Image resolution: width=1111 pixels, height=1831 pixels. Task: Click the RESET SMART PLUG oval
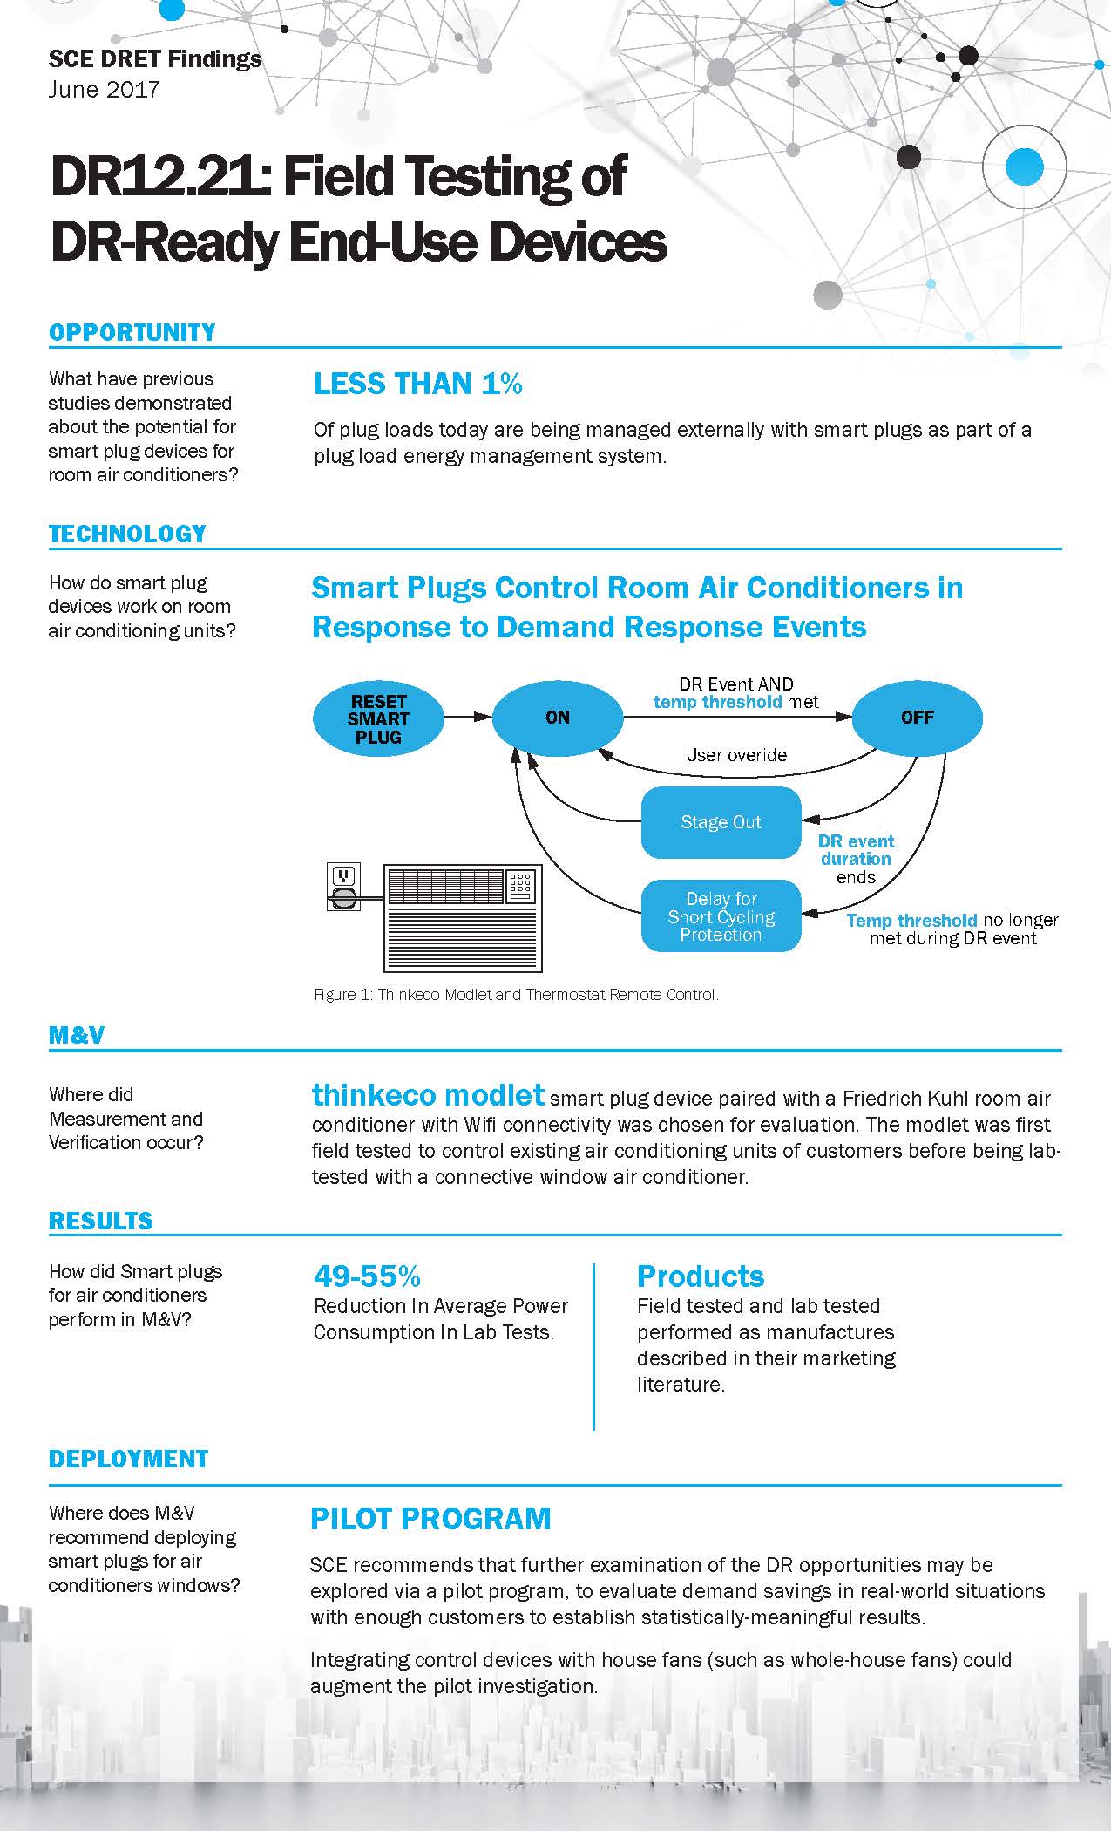point(377,718)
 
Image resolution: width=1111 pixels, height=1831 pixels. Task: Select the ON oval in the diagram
point(557,718)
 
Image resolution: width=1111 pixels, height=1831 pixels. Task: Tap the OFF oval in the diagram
point(917,718)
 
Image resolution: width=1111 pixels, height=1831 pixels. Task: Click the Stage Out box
point(721,822)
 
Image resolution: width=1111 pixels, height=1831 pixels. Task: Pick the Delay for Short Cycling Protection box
point(721,916)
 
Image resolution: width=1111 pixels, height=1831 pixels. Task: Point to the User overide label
point(736,755)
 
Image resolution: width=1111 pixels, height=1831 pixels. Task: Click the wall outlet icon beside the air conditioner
point(342,887)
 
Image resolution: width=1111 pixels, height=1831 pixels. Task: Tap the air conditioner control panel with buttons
point(522,886)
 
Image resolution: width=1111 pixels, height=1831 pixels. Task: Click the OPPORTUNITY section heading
point(132,332)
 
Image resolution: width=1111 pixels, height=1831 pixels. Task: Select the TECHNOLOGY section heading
point(127,534)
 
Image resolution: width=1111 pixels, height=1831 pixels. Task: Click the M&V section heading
point(77,1035)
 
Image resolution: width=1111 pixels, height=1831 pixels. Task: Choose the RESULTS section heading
point(101,1221)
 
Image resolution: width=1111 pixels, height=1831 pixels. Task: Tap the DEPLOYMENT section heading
point(128,1460)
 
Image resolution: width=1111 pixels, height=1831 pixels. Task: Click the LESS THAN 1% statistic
point(418,384)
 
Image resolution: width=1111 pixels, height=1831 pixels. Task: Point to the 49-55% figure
point(367,1276)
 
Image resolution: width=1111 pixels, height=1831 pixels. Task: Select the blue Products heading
point(701,1276)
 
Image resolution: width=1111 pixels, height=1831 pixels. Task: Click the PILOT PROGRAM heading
point(430,1519)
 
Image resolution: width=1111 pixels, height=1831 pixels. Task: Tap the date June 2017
point(105,90)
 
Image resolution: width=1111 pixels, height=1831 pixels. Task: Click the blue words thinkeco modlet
point(429,1094)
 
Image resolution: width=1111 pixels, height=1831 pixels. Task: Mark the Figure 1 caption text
point(516,994)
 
